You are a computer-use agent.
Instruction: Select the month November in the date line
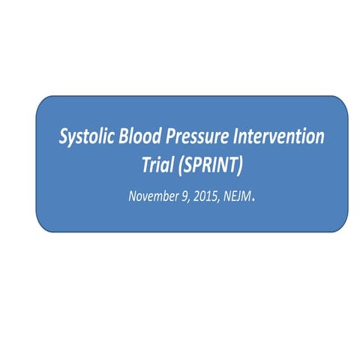(x=152, y=197)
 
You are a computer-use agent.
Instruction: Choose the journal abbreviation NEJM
(x=238, y=197)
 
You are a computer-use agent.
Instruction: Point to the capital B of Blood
(x=124, y=138)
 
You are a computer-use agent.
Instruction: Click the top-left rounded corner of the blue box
(x=42, y=102)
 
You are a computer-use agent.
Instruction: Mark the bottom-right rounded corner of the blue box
(x=342, y=226)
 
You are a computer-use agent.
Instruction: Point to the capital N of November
(x=132, y=197)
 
